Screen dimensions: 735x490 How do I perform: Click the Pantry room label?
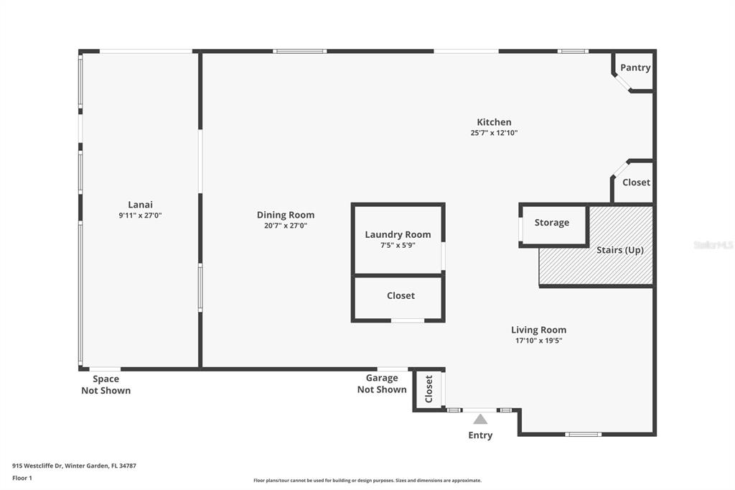tap(635, 68)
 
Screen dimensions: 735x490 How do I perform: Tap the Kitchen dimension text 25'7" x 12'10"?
tap(494, 133)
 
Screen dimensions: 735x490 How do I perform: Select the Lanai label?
tap(140, 205)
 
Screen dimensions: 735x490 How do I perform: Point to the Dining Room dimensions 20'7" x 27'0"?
tap(286, 226)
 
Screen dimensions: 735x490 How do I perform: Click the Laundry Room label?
tap(398, 235)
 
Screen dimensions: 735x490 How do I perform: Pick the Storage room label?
tap(552, 223)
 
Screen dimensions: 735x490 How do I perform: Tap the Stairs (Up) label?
tap(619, 250)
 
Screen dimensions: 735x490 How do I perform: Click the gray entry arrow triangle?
tap(480, 419)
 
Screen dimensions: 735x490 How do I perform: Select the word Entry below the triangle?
tap(480, 435)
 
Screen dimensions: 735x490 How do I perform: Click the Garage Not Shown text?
tap(382, 384)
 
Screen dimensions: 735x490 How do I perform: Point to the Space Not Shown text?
tap(106, 384)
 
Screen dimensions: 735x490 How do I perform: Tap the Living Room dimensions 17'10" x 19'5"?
tap(538, 341)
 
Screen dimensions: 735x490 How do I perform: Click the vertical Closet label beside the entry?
tap(429, 389)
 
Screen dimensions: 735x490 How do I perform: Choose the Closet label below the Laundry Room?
tap(401, 296)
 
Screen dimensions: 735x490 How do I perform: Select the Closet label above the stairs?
tap(636, 182)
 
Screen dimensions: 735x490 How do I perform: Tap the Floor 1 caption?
tap(22, 479)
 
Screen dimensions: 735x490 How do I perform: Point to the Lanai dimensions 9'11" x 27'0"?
tap(140, 216)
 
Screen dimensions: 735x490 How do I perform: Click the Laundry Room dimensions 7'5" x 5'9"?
tap(398, 246)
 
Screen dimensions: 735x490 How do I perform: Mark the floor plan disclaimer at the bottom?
tap(367, 481)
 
